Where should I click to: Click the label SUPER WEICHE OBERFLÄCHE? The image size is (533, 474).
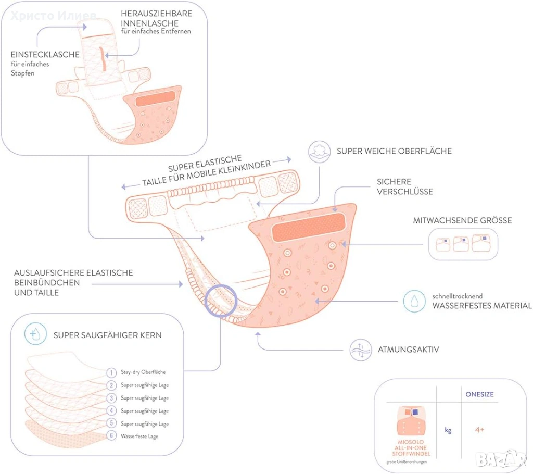click(394, 151)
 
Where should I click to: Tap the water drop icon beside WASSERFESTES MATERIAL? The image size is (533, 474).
click(415, 301)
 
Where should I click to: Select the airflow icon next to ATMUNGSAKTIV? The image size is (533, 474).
click(360, 349)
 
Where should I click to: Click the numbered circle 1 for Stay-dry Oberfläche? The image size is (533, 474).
click(111, 372)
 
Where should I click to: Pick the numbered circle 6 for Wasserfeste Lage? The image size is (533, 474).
click(111, 436)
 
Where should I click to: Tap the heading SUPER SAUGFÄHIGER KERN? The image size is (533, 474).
click(107, 335)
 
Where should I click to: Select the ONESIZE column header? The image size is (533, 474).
click(479, 395)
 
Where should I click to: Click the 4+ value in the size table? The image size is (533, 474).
click(479, 430)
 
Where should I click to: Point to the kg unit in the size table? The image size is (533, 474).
click(448, 430)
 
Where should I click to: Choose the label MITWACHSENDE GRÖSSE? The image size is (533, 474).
click(462, 220)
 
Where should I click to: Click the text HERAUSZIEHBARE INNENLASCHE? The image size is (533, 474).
click(156, 18)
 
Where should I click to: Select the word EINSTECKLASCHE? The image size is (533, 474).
click(45, 54)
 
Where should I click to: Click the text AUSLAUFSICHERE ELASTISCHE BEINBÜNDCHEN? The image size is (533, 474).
click(73, 278)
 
